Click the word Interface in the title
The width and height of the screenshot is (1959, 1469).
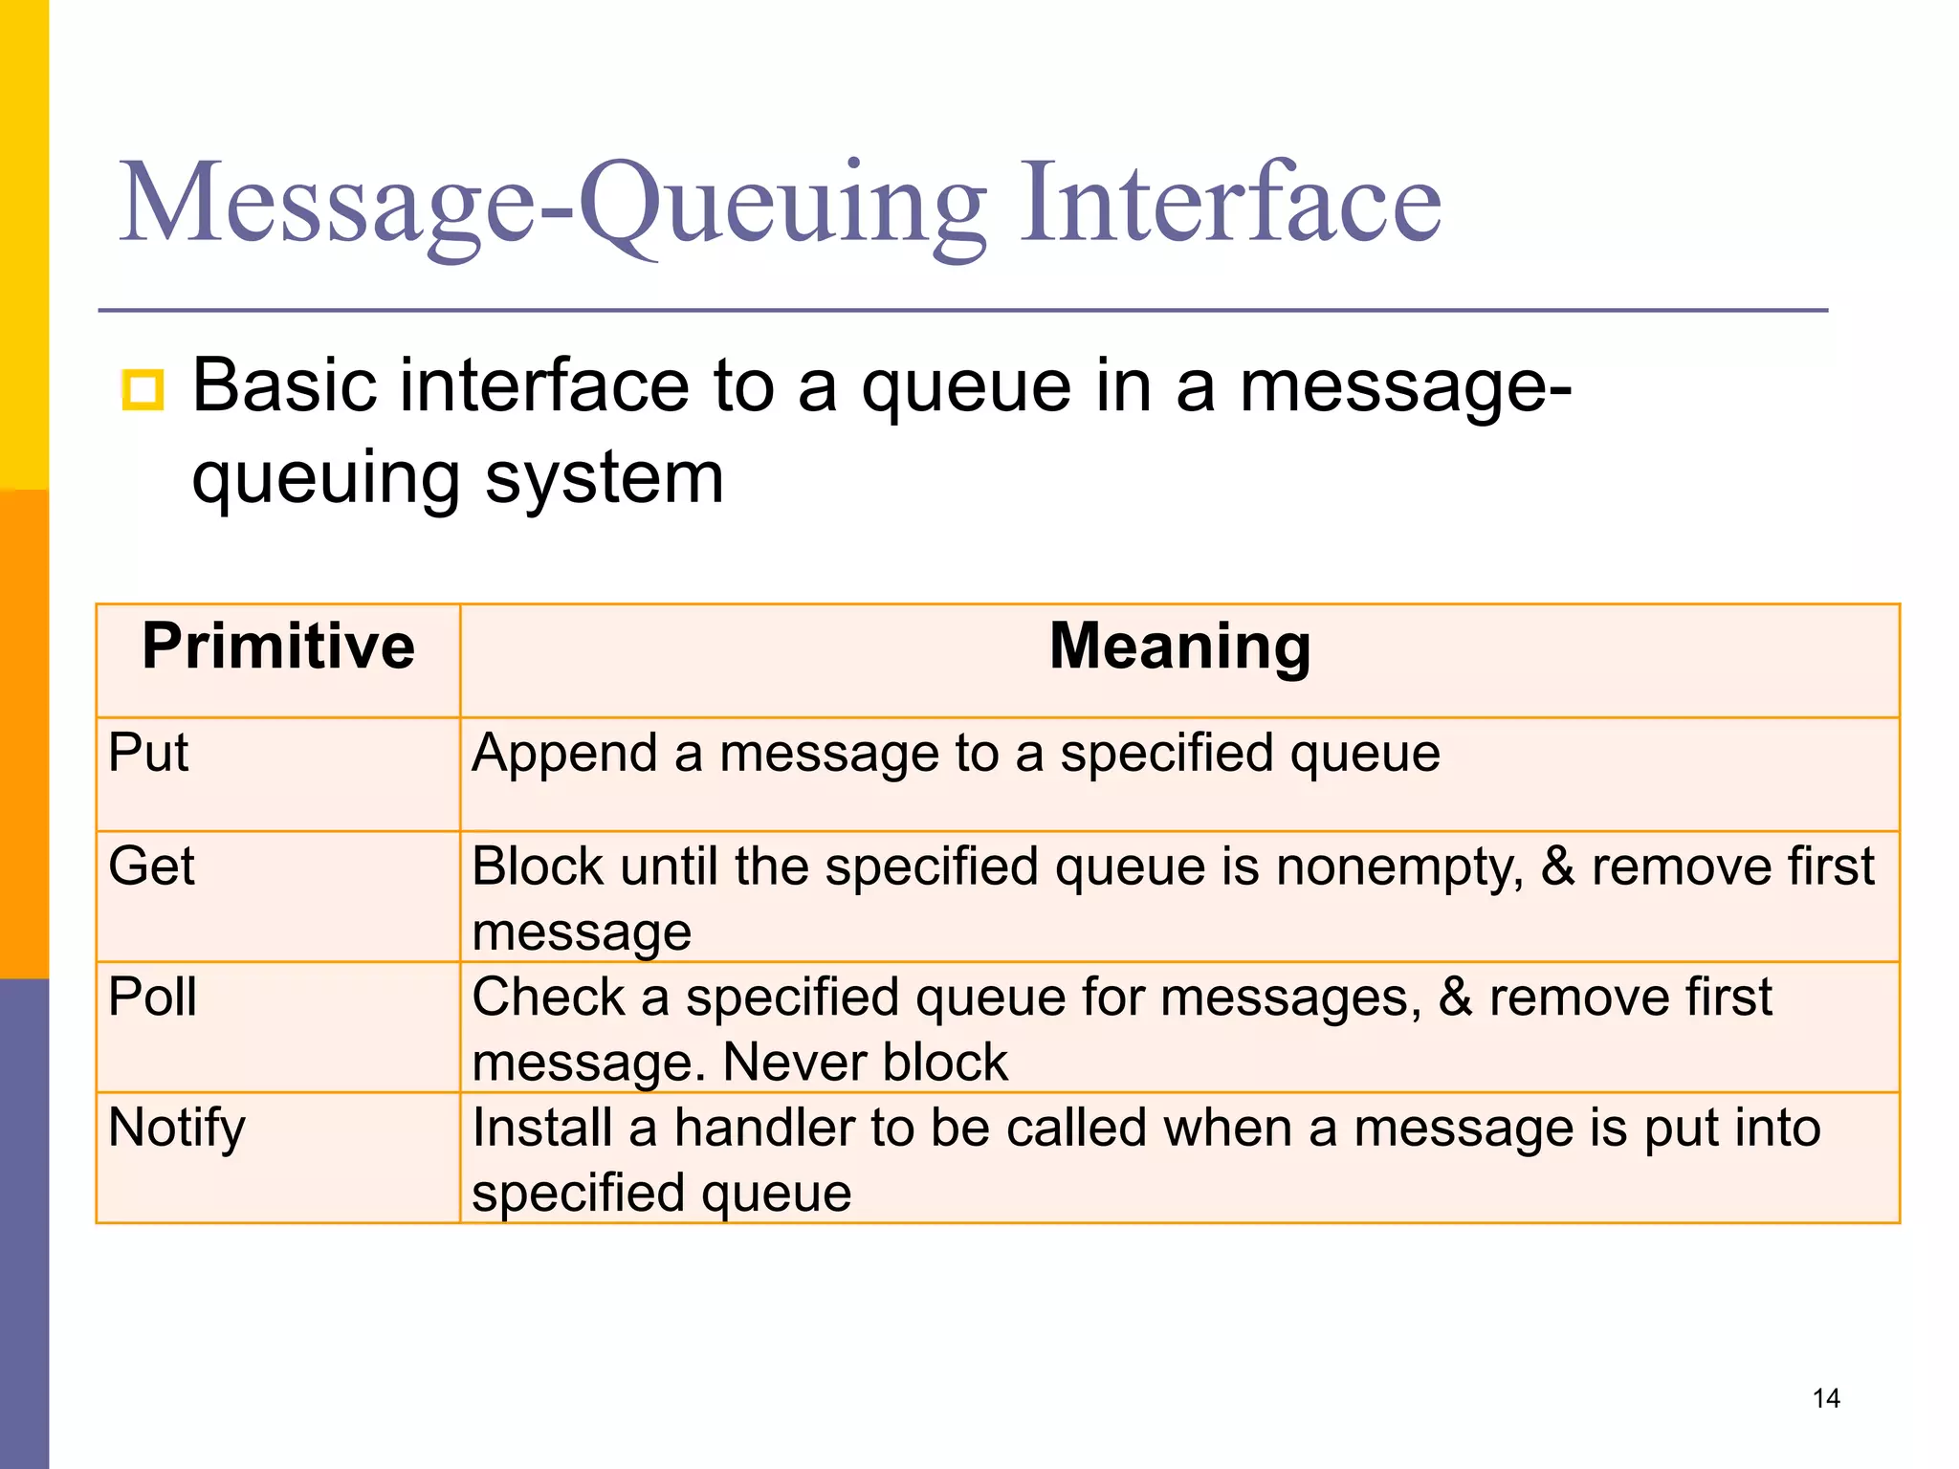click(x=1230, y=203)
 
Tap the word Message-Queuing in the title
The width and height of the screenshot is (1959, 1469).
click(x=552, y=203)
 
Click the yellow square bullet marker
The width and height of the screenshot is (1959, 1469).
click(x=143, y=389)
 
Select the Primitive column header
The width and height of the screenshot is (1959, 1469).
click(x=278, y=647)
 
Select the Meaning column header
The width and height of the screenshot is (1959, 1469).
click(x=1179, y=647)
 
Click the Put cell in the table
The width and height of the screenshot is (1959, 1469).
click(x=148, y=753)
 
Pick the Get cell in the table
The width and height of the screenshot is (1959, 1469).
click(x=151, y=866)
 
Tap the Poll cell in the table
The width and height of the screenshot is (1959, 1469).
click(x=152, y=997)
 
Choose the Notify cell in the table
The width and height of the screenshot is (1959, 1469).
click(x=177, y=1128)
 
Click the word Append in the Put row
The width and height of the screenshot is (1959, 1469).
click(x=564, y=753)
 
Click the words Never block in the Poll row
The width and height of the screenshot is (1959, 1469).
click(x=865, y=1063)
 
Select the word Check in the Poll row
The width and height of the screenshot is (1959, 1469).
click(x=548, y=997)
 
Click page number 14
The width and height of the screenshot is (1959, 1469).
click(x=1826, y=1398)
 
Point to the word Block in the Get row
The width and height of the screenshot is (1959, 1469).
click(x=538, y=866)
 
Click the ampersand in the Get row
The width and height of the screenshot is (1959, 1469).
click(x=1558, y=866)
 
